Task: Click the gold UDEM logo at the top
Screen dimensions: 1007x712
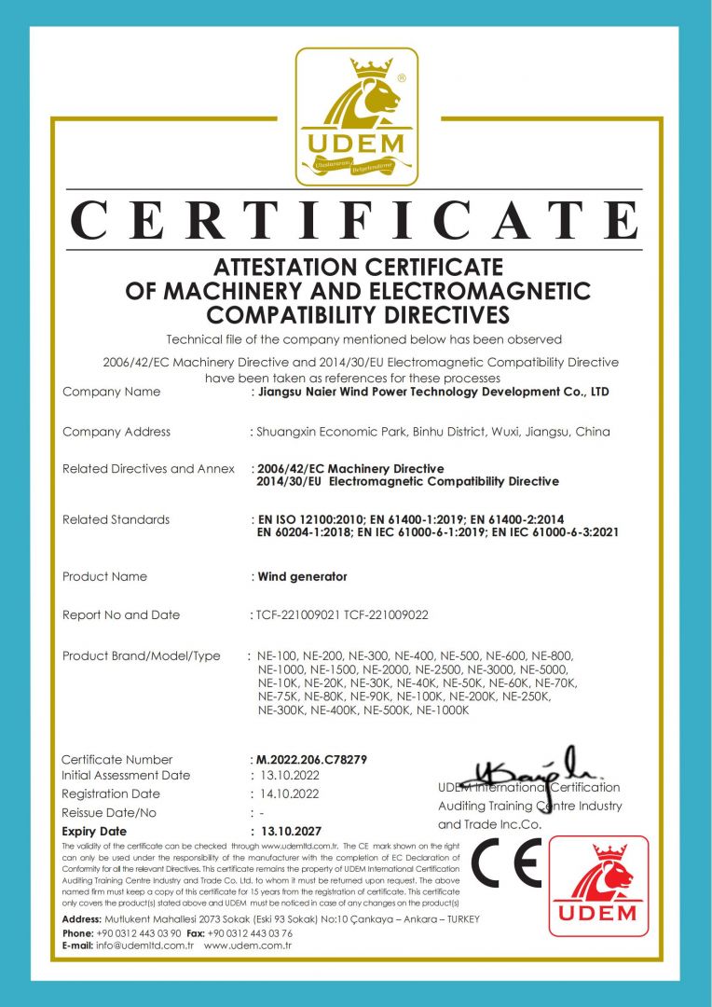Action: click(x=357, y=117)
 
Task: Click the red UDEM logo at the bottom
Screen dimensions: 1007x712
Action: click(x=597, y=885)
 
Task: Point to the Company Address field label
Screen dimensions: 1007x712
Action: click(x=116, y=432)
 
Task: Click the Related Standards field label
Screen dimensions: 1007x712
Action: click(x=116, y=519)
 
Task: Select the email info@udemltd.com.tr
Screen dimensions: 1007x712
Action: click(x=145, y=945)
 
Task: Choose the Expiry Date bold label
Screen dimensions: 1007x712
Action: click(x=94, y=831)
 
